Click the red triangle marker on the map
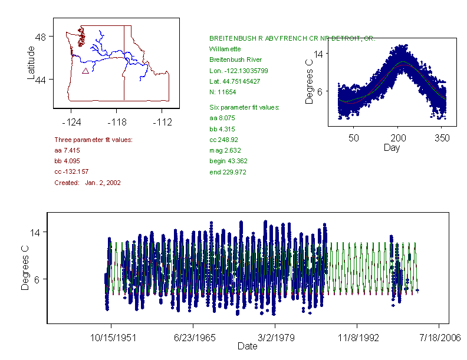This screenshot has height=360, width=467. tap(85, 71)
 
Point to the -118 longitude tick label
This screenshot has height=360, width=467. tap(116, 123)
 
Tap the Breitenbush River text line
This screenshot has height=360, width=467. tap(235, 60)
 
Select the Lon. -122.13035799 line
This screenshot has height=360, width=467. tap(239, 71)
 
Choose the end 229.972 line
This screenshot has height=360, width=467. tap(228, 172)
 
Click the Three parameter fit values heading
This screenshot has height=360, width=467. tap(93, 140)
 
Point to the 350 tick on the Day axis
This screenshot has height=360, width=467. tap(442, 138)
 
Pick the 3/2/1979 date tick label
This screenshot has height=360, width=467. tap(274, 338)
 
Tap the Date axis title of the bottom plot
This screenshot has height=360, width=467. tap(248, 346)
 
